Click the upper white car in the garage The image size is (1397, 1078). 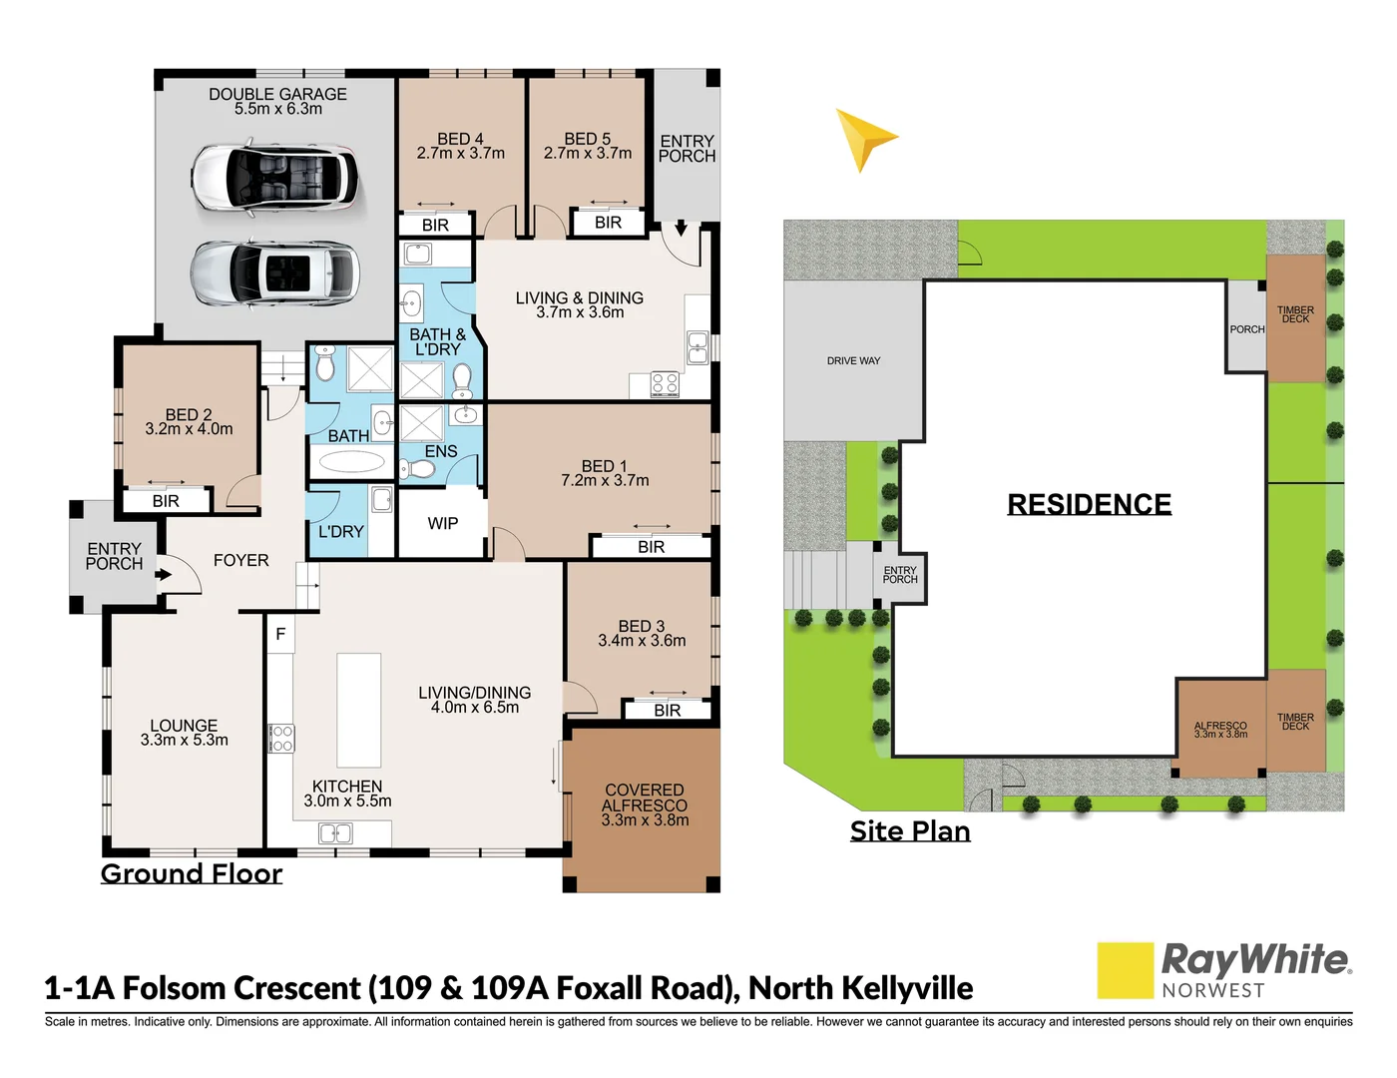pyautogui.click(x=274, y=179)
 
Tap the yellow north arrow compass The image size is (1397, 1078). pyautogui.click(x=864, y=140)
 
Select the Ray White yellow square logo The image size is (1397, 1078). pyautogui.click(x=1125, y=969)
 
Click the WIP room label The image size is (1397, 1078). pyautogui.click(x=443, y=523)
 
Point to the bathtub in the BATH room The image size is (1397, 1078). pyautogui.click(x=351, y=461)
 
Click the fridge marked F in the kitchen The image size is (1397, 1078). pyautogui.click(x=280, y=634)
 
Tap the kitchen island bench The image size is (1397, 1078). pyautogui.click(x=359, y=710)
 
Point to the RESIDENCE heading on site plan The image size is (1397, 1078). pyautogui.click(x=1089, y=504)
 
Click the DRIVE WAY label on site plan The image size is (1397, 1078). pyautogui.click(x=853, y=360)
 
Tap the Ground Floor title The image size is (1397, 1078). pyautogui.click(x=192, y=873)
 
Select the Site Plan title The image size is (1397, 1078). pyautogui.click(x=909, y=830)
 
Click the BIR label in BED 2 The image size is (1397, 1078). pyautogui.click(x=166, y=501)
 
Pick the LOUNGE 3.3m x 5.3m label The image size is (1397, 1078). pyautogui.click(x=184, y=733)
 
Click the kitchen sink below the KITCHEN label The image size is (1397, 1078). pyautogui.click(x=335, y=833)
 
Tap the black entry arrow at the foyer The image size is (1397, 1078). pyautogui.click(x=164, y=574)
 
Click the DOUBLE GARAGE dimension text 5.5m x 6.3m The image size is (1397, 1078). pyautogui.click(x=278, y=109)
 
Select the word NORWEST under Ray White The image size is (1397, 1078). pyautogui.click(x=1212, y=990)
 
